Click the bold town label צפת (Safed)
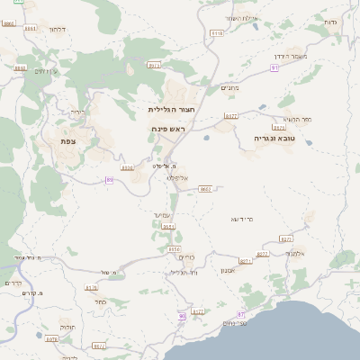coord(67,141)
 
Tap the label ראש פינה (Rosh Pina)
coord(167,130)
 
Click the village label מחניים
coord(229,88)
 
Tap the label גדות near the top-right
coord(329,20)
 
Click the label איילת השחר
coord(242,18)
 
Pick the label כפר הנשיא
coord(296,119)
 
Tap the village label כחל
coord(101,301)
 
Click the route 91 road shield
coord(274,67)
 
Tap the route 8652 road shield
coord(205,189)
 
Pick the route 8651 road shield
coord(168,227)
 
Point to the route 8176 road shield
coord(91,288)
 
